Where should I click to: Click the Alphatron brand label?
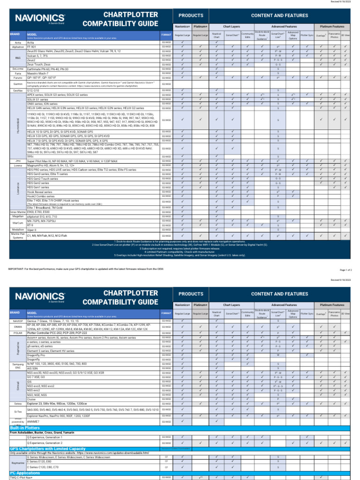click(18, 47)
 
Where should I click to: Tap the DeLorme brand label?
click(18, 69)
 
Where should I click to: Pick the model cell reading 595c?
click(30, 157)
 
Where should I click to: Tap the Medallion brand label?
click(18, 230)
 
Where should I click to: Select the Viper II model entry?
click(32, 230)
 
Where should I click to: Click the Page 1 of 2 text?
click(348, 270)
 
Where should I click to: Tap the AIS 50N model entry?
click(33, 368)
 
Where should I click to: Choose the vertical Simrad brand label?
click(18, 385)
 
